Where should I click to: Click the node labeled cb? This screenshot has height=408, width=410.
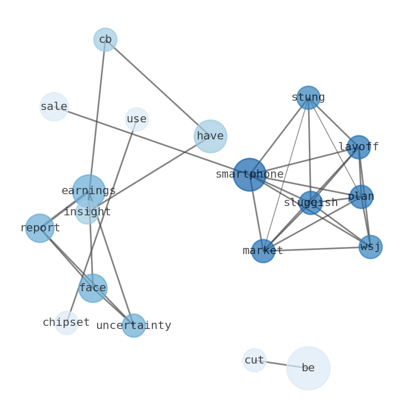pos(105,40)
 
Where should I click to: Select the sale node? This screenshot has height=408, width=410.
pos(54,107)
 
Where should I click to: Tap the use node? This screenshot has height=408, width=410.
pos(137,119)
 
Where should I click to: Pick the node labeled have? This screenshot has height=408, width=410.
pos(211,136)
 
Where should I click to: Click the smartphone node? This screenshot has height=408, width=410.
pos(250,175)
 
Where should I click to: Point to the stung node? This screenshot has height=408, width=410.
pos(308,98)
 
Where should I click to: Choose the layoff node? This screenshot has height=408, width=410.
pos(358,147)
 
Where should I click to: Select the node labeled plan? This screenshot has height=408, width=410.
pos(361,197)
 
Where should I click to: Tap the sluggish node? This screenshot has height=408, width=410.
pos(310,203)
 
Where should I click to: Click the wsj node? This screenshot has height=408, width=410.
pos(370,247)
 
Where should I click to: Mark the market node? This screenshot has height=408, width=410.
pos(263,251)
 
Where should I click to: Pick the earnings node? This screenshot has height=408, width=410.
pos(89,191)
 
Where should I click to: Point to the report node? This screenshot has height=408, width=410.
pos(40,228)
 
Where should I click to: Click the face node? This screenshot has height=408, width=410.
pos(93,288)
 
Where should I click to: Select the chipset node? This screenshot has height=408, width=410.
pos(67,323)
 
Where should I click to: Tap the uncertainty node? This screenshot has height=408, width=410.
pos(134,326)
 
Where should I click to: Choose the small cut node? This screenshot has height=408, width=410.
pos(255,360)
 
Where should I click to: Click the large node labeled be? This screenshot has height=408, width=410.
pos(308,368)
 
